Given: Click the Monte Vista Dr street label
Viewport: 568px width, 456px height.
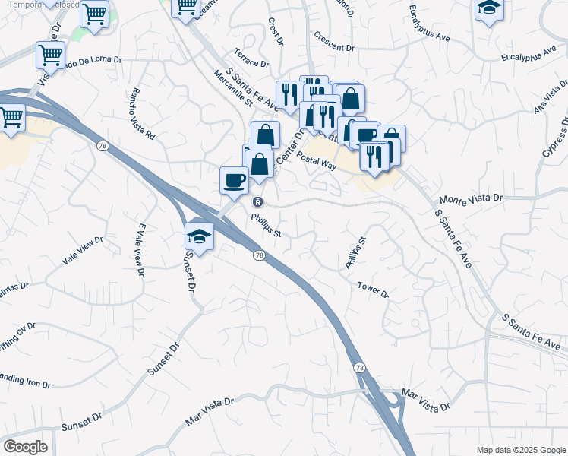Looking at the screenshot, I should tap(471, 197).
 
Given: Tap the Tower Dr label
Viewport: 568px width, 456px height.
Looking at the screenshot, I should tap(373, 289).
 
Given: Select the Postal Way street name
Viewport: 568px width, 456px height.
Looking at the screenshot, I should tap(317, 160).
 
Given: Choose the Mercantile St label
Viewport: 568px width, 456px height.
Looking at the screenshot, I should tap(227, 89).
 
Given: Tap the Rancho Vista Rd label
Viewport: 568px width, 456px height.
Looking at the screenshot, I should tap(143, 115).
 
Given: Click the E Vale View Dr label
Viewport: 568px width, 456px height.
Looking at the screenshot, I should tap(140, 249).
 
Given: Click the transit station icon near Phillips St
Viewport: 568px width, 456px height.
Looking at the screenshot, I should tap(258, 201).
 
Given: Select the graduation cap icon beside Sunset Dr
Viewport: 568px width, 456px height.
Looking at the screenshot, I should tap(199, 236).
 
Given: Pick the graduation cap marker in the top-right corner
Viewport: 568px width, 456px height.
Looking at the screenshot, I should tap(489, 9).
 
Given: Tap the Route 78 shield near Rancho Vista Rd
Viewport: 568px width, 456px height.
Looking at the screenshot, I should tap(101, 144).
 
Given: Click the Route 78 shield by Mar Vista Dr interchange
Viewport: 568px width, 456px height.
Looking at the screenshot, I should tap(358, 367).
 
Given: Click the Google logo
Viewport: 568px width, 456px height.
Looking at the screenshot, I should tap(25, 447).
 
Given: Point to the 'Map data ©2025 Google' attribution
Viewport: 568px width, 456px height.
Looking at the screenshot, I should tap(521, 450).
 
